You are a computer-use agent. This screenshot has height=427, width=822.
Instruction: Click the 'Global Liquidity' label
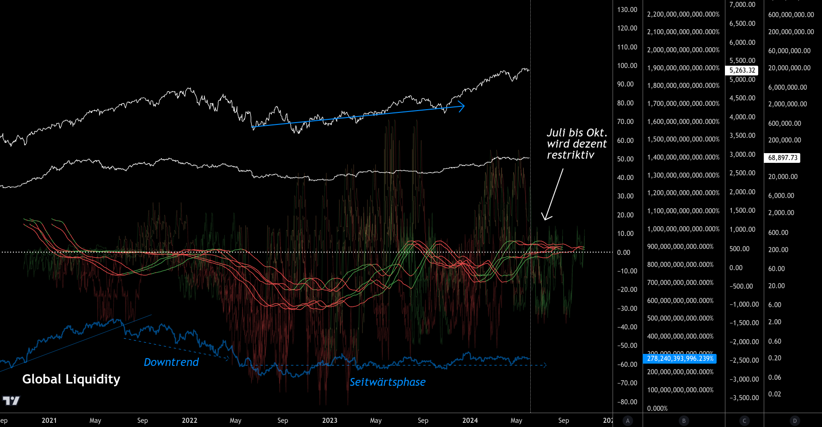pyautogui.click(x=71, y=379)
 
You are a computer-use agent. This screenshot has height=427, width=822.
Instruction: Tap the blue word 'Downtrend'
pyautogui.click(x=171, y=362)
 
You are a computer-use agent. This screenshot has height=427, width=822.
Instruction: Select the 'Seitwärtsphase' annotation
pyautogui.click(x=387, y=382)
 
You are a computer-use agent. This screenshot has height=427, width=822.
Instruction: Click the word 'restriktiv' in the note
pyautogui.click(x=570, y=155)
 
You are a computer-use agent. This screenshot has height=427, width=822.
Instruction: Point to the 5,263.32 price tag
pyautogui.click(x=742, y=70)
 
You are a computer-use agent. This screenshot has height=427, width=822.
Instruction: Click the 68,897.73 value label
pyautogui.click(x=783, y=158)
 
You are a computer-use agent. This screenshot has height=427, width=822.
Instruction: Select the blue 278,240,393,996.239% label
pyautogui.click(x=680, y=359)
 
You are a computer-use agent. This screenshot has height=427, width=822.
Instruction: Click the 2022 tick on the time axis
pyautogui.click(x=190, y=421)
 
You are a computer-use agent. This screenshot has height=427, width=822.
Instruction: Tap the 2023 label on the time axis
pyautogui.click(x=330, y=421)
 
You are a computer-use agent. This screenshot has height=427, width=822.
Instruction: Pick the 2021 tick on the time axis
pyautogui.click(x=49, y=421)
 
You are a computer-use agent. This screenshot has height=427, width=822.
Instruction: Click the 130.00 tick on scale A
pyautogui.click(x=627, y=10)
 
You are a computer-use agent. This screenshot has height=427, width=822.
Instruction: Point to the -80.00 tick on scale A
pyautogui.click(x=627, y=402)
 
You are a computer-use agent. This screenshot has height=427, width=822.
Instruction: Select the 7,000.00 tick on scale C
pyautogui.click(x=742, y=5)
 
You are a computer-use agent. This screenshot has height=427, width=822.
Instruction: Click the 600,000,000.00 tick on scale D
pyautogui.click(x=791, y=15)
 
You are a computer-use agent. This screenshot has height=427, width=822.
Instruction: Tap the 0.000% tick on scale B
pyautogui.click(x=657, y=408)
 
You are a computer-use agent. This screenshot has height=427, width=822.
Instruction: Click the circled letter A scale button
pyautogui.click(x=627, y=421)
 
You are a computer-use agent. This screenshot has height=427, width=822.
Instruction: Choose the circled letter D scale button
pyautogui.click(x=795, y=421)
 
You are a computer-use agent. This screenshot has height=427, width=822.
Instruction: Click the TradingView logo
pyautogui.click(x=11, y=401)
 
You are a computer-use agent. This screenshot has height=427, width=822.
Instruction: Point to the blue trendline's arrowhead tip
pyautogui.click(x=464, y=107)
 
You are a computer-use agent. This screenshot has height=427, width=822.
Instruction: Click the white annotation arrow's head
pyautogui.click(x=546, y=219)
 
